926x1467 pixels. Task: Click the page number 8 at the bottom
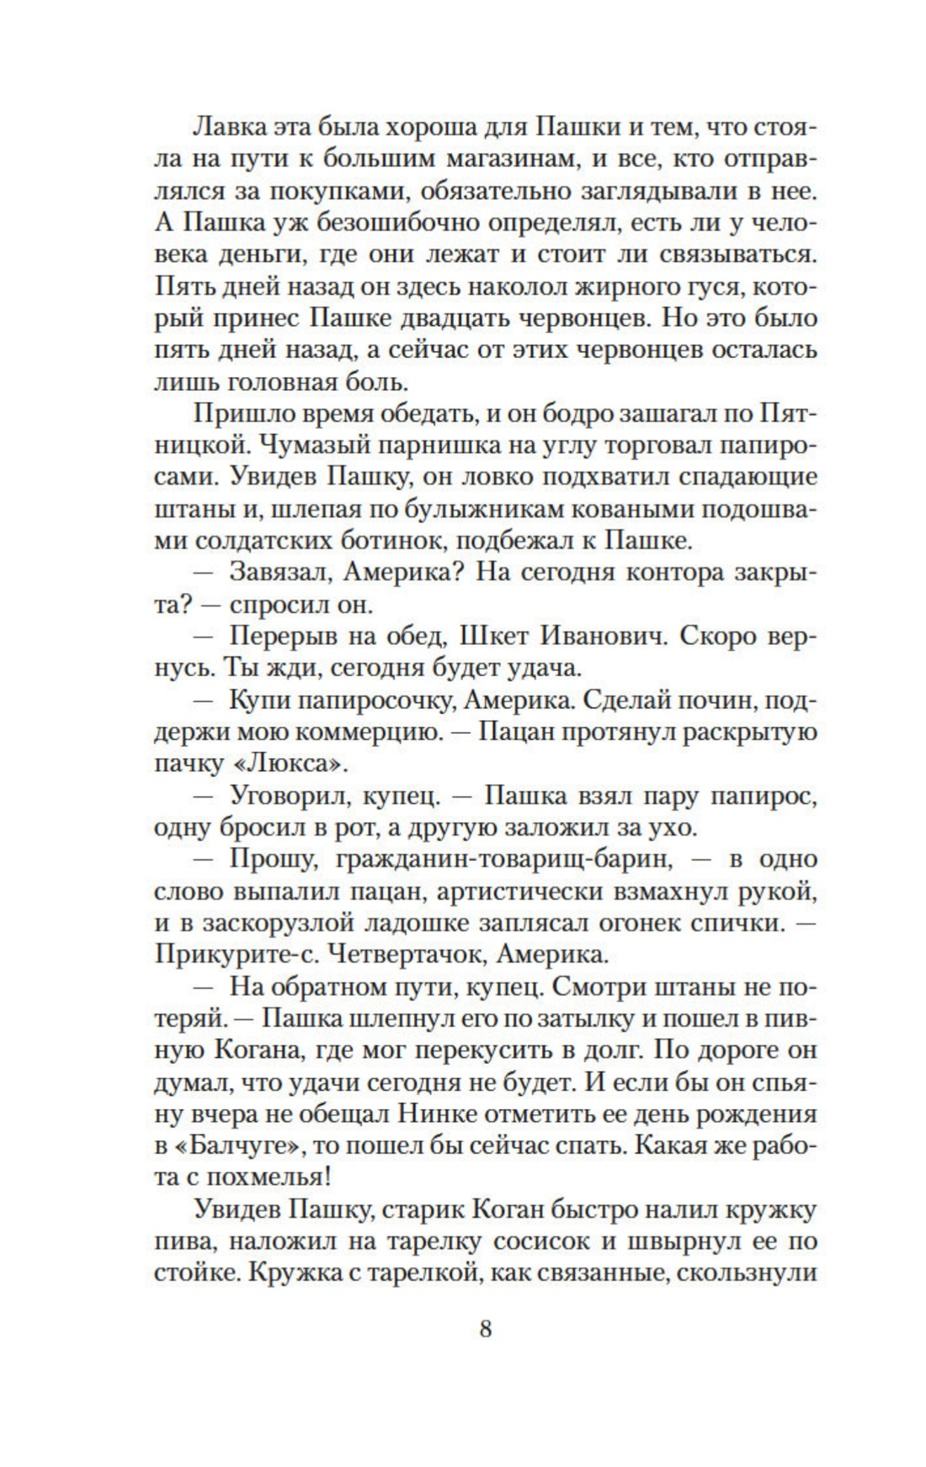pos(485,1329)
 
